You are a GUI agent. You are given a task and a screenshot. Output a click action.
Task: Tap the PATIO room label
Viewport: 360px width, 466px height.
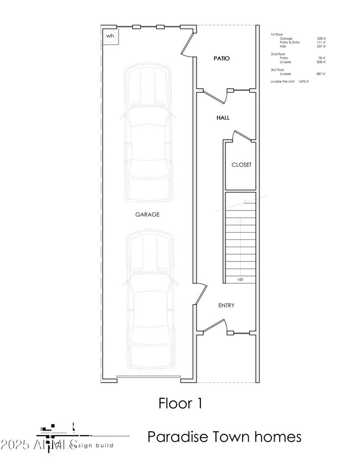(x=222, y=58)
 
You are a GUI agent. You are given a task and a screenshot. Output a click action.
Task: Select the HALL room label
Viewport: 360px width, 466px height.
(x=223, y=117)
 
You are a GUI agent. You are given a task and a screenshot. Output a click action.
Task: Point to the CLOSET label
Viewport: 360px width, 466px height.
(x=241, y=165)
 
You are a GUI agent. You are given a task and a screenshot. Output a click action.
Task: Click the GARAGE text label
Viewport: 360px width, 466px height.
(x=147, y=214)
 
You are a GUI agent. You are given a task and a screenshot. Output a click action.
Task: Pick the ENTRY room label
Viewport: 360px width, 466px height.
(x=226, y=305)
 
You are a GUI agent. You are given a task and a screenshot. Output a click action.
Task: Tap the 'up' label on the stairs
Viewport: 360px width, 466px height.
(x=240, y=279)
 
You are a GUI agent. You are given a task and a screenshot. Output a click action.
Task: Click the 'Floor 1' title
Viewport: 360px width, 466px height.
(x=180, y=403)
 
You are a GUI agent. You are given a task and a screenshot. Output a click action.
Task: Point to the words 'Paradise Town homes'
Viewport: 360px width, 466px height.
(x=224, y=437)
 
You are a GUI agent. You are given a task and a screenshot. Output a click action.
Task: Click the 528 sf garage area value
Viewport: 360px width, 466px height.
(x=320, y=39)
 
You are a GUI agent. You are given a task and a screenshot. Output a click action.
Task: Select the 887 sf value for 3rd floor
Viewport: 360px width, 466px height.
(x=320, y=74)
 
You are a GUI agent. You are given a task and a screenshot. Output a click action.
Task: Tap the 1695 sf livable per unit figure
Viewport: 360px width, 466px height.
(x=302, y=81)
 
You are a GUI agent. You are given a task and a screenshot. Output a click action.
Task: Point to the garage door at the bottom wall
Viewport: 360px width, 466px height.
(x=148, y=379)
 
